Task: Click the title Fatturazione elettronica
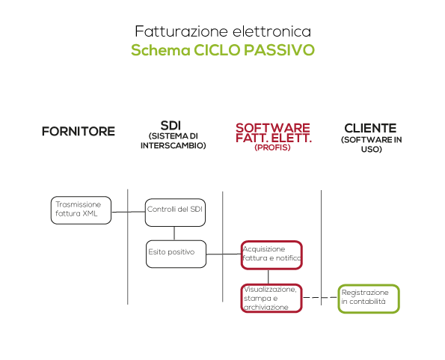click(223, 31)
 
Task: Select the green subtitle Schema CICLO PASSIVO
click(223, 50)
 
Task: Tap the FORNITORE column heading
click(79, 132)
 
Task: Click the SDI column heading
click(171, 126)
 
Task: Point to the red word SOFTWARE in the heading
click(273, 128)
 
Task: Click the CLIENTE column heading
click(370, 128)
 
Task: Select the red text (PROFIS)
click(272, 147)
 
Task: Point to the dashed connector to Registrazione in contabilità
click(320, 298)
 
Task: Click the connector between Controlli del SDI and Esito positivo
click(174, 234)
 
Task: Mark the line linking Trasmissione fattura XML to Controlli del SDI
click(129, 212)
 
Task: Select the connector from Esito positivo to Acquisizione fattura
click(224, 254)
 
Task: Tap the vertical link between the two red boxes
click(268, 277)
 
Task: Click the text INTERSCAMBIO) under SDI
click(173, 146)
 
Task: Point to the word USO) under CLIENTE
click(372, 150)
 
